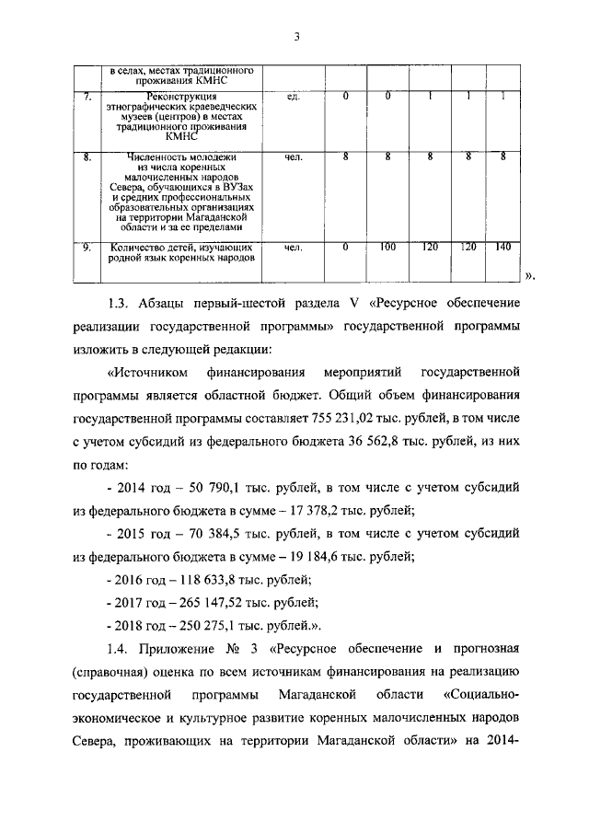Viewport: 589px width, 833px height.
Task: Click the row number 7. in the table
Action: pos(87,97)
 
